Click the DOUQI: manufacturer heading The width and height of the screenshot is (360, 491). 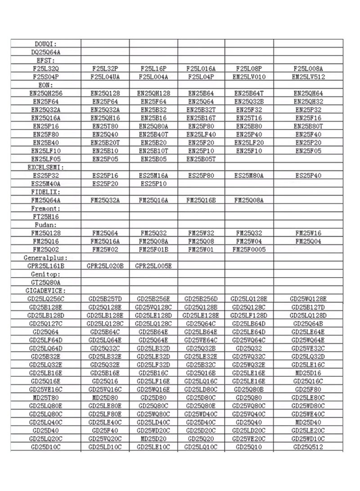46,44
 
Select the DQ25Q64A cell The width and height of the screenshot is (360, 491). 46,52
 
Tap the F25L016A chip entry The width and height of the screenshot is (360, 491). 201,69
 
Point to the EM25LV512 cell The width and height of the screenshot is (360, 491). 308,77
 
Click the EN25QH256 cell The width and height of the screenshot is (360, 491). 46,93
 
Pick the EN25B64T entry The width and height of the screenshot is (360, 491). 249,93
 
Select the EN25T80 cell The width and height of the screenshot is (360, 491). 105,126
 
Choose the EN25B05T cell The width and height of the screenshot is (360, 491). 201,159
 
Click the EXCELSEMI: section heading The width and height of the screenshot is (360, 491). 46,167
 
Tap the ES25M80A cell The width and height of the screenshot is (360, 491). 249,175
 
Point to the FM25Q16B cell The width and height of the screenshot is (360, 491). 201,200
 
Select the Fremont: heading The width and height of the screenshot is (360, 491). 46,208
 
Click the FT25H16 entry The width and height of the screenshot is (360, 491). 46,216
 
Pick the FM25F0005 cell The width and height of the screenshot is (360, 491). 249,249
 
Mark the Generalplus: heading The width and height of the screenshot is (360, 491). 46,257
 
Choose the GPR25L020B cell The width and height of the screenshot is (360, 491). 105,266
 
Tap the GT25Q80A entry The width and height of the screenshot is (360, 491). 46,282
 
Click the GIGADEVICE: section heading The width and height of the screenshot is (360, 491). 46,290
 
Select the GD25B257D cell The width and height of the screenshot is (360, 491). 105,298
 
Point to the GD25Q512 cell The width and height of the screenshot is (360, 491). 308,446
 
